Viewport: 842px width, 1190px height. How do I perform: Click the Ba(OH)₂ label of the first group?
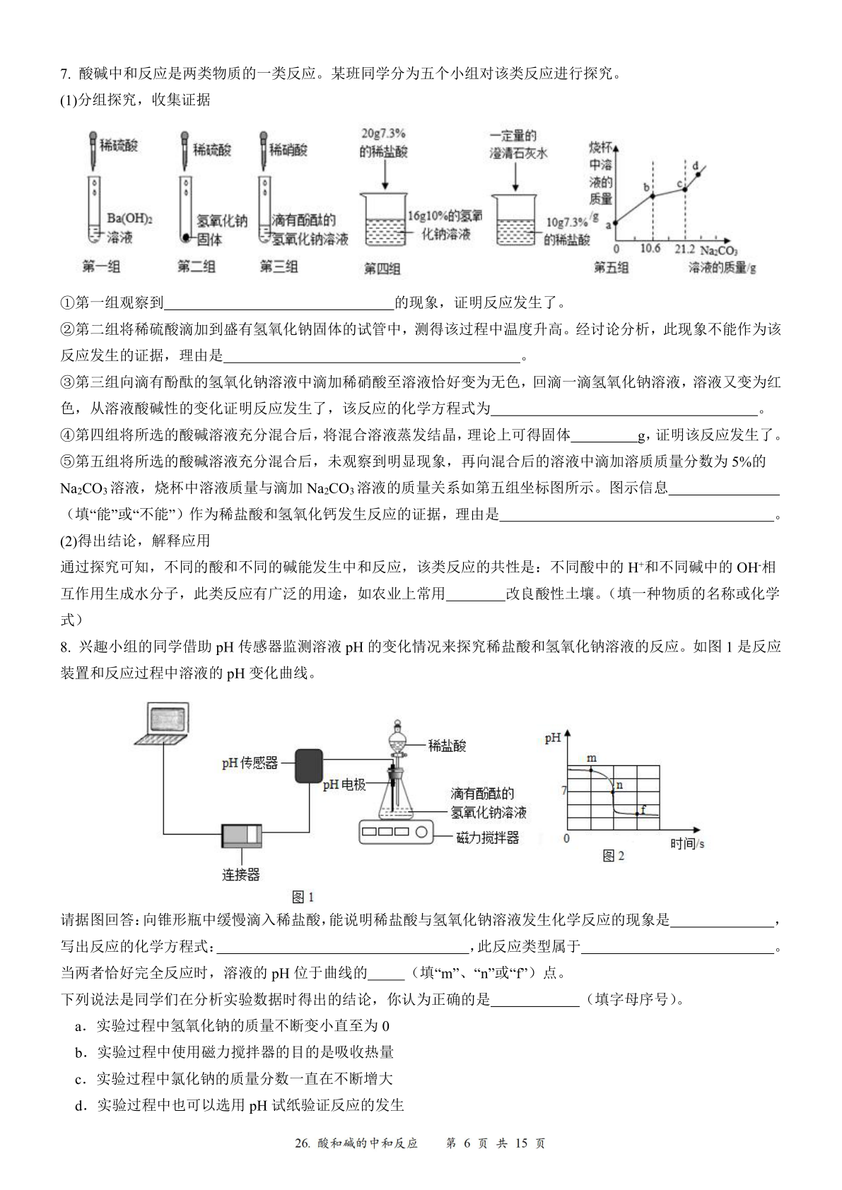point(129,218)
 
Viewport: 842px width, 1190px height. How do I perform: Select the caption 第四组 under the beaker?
point(382,269)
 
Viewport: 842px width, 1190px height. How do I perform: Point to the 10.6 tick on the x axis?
point(650,249)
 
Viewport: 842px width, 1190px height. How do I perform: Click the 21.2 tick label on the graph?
point(684,249)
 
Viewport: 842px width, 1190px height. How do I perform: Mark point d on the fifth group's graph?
point(698,174)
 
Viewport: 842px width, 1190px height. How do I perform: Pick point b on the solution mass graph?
point(653,196)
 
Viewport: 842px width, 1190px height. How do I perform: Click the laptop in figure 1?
point(164,724)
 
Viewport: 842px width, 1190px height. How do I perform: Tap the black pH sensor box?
point(309,765)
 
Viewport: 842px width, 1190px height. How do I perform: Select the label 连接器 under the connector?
point(241,874)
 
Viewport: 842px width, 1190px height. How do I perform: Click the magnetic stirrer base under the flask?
point(396,832)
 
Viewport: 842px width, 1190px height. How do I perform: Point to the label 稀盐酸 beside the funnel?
point(447,746)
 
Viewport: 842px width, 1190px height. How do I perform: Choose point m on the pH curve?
point(591,770)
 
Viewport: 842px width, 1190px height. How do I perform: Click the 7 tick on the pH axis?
point(564,791)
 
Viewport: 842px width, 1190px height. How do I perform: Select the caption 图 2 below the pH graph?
point(614,856)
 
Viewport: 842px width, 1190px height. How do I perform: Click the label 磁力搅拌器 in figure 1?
point(487,838)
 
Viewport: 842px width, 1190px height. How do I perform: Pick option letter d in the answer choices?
point(80,1105)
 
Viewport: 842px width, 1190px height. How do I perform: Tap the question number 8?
point(65,647)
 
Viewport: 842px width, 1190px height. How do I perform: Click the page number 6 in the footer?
point(467,1157)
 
